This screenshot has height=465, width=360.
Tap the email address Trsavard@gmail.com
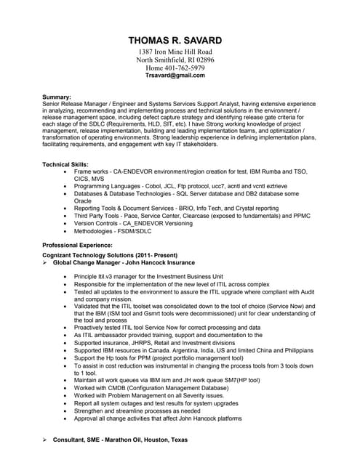click(175, 76)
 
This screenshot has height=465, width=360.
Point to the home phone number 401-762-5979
click(185, 68)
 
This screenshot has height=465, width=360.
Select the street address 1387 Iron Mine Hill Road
click(175, 52)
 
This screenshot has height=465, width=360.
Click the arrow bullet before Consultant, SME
click(45, 440)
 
